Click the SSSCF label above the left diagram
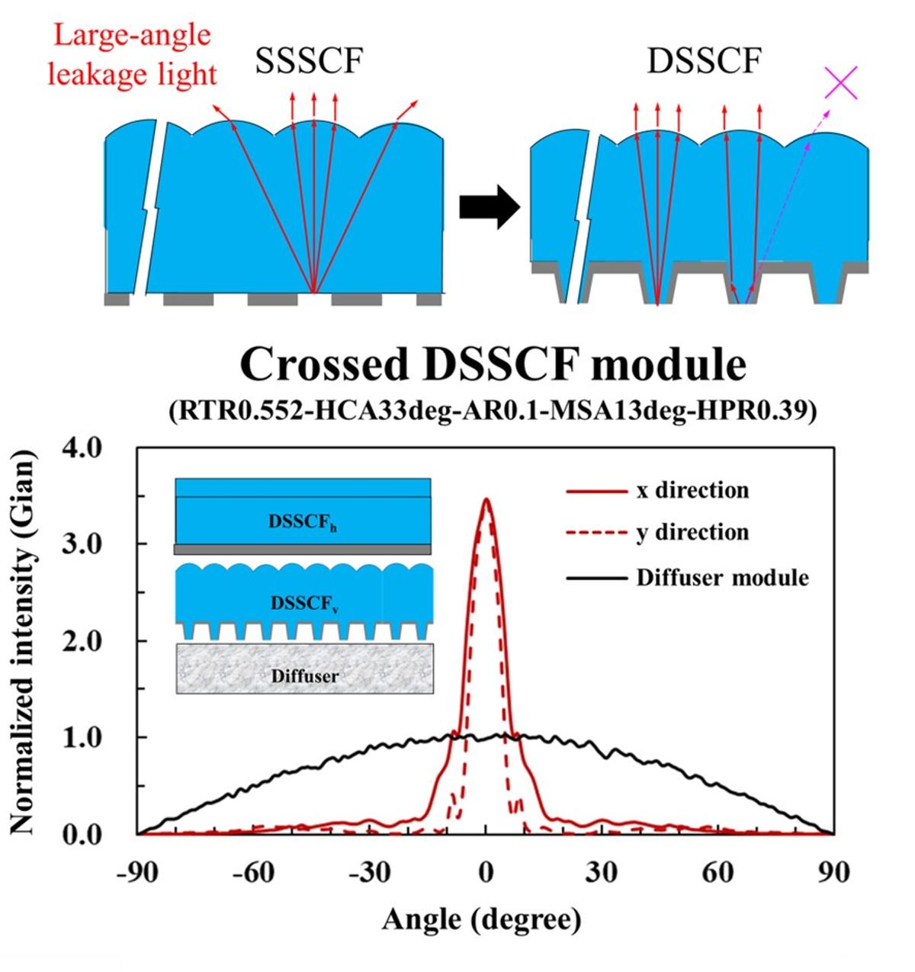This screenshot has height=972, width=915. click(x=309, y=61)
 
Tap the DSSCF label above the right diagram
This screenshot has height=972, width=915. click(x=703, y=61)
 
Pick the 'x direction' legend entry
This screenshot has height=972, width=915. click(x=692, y=489)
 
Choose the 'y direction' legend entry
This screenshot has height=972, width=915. click(x=692, y=532)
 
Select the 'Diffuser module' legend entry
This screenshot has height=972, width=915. click(x=722, y=577)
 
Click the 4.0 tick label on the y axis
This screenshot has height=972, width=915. click(x=81, y=448)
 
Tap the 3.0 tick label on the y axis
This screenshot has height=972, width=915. click(x=81, y=544)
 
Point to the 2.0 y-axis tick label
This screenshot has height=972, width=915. click(x=81, y=641)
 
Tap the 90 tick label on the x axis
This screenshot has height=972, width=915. click(x=832, y=873)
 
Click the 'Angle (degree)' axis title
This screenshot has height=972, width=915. click(x=481, y=920)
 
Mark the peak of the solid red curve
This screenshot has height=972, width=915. click(x=486, y=499)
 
